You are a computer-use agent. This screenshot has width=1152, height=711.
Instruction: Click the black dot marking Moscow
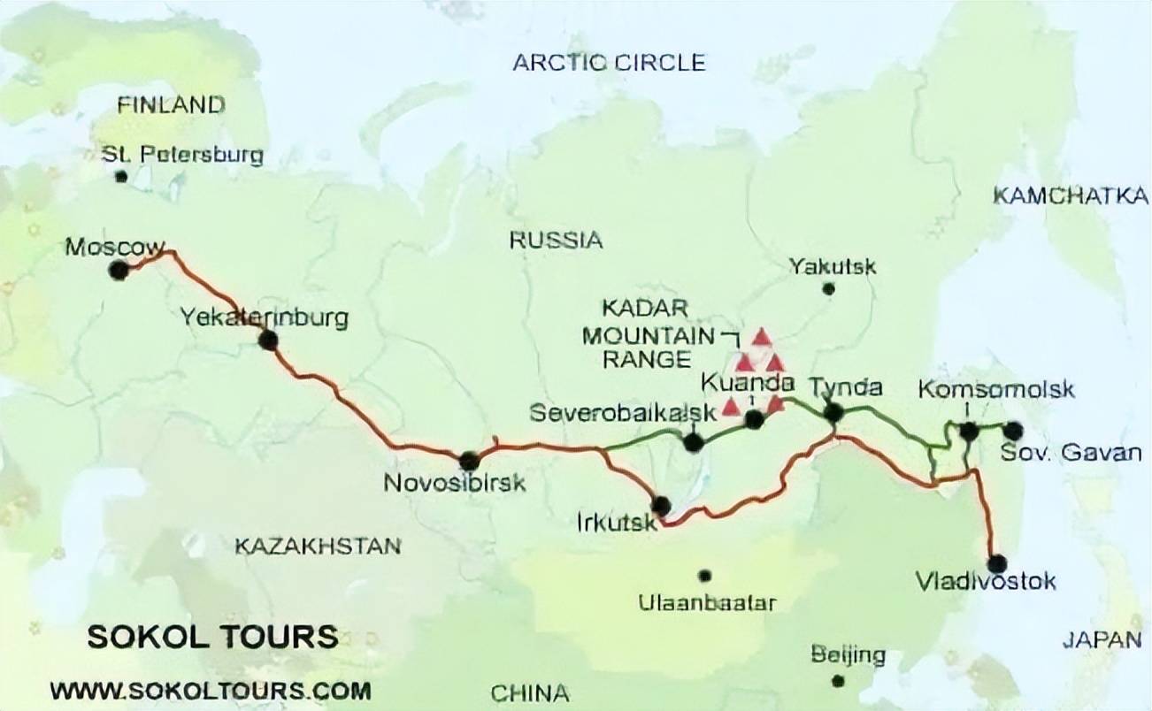click(x=118, y=271)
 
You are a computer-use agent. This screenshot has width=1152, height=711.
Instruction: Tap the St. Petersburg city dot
click(x=121, y=177)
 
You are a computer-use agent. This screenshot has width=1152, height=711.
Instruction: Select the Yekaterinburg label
click(x=264, y=317)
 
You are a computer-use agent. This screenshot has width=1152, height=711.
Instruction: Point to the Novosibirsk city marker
click(x=469, y=460)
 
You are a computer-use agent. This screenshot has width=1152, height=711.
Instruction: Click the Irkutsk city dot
click(x=660, y=507)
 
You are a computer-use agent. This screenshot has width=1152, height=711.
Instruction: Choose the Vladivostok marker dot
click(x=997, y=563)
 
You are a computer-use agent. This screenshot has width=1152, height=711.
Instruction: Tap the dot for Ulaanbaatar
click(x=704, y=576)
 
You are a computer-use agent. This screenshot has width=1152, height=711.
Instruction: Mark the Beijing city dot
click(x=838, y=681)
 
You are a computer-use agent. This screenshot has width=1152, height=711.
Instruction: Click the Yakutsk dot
click(x=828, y=288)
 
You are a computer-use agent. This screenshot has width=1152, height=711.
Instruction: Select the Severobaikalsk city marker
click(x=694, y=442)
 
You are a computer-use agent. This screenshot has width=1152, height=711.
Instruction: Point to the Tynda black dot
click(x=833, y=412)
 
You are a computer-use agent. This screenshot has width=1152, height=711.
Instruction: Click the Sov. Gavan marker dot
click(x=1013, y=431)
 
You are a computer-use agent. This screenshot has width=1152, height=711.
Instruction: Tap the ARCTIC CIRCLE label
click(x=609, y=63)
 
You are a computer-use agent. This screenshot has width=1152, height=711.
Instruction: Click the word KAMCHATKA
click(x=1070, y=196)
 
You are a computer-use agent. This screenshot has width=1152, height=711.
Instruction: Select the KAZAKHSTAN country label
click(x=318, y=547)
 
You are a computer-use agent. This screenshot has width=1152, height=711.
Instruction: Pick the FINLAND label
click(x=171, y=105)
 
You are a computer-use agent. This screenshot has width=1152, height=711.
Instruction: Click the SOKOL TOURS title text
click(x=212, y=637)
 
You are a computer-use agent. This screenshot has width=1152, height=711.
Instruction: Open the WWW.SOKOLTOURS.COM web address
click(x=211, y=689)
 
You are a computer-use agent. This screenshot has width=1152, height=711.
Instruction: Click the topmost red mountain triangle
click(x=761, y=337)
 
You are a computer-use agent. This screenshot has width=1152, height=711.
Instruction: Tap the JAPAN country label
click(x=1102, y=639)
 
